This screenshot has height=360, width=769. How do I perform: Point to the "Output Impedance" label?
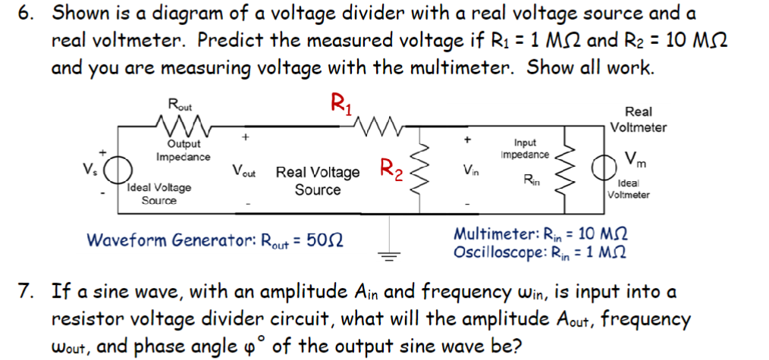pyautogui.click(x=183, y=150)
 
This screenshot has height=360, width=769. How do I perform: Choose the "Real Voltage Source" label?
pyautogui.click(x=318, y=180)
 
